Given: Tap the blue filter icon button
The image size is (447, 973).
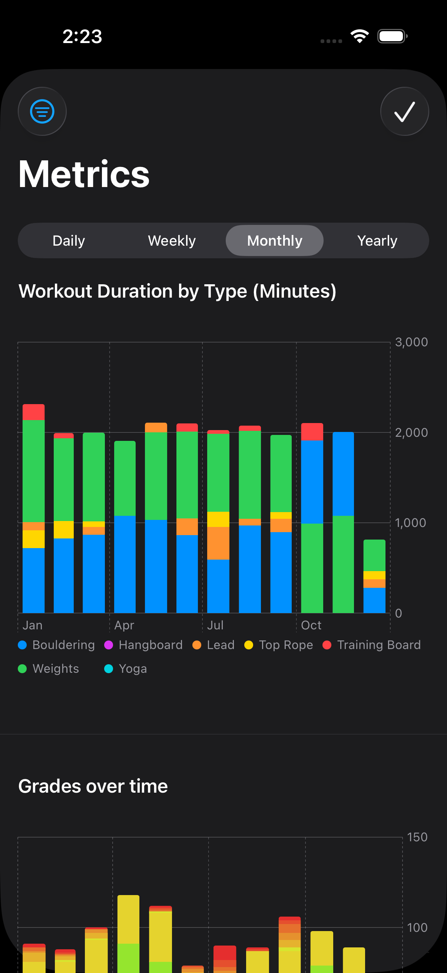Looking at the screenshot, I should pos(42,111).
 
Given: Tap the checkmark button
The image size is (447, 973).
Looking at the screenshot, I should pos(404,111).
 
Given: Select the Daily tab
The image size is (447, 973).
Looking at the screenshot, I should pos(69,240).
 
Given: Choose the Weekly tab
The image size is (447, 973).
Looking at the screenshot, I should pos(172,240).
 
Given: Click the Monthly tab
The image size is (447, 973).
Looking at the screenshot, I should pos(274,240).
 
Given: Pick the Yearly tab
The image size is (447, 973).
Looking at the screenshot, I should pos(377,240).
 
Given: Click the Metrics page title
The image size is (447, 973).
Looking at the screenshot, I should pos(84,174).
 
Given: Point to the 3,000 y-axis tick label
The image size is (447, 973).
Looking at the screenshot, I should pos(411,342).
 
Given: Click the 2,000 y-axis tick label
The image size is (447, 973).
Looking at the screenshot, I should pos(411,432).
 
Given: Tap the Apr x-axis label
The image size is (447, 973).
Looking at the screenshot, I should pos(124,625).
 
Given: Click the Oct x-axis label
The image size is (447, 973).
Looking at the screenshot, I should pos(311,625).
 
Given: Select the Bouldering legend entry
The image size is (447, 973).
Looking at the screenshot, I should pos(57,645).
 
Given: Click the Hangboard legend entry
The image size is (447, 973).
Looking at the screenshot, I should pos(143,645).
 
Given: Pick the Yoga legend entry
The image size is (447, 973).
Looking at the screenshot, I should pos(126,669).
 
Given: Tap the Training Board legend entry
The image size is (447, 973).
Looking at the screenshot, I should pos(371,645).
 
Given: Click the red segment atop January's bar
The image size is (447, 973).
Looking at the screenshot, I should pos(34,412).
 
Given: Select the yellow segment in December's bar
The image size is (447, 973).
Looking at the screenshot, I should pos(374,575).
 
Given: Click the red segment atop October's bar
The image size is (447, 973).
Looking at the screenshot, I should pos(312,432).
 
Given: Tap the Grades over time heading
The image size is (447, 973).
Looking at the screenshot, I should pos(93,786).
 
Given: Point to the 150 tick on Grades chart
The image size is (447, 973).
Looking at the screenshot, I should pos(417,837).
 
